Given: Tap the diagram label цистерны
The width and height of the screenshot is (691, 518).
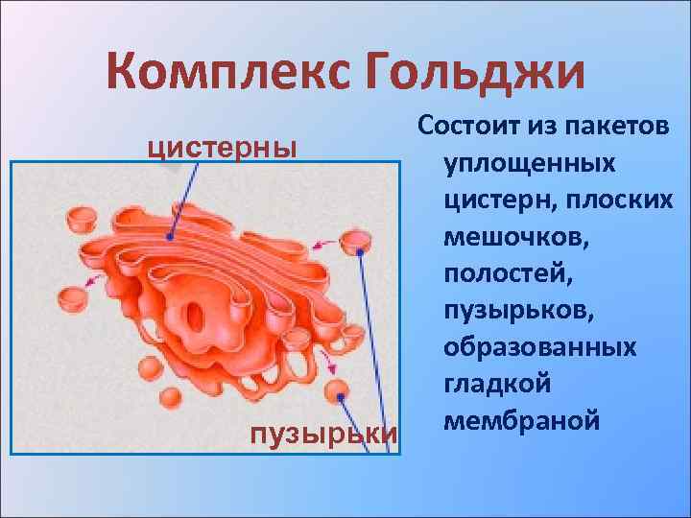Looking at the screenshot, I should point(221,148).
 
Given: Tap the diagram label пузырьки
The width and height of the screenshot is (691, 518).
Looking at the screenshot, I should point(322,434).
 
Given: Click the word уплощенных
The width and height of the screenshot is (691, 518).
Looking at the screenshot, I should point(529,164).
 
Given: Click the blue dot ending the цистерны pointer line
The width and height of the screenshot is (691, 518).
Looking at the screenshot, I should point(170,235).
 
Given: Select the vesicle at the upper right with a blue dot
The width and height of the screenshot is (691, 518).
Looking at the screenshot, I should point(357,241).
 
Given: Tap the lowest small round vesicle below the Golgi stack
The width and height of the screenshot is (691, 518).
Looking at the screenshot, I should point(170,398).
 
